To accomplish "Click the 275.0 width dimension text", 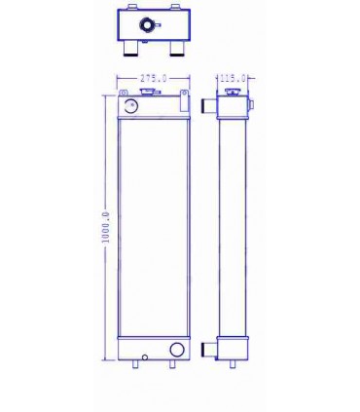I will point(152,78).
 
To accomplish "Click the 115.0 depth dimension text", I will point(233,78).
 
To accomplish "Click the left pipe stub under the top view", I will point(127,50).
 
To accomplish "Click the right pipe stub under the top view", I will point(174,50).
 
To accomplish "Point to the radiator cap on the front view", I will point(152,94).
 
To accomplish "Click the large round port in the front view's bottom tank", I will point(176,351).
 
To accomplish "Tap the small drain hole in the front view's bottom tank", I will point(142,357).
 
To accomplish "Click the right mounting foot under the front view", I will point(172,365).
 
